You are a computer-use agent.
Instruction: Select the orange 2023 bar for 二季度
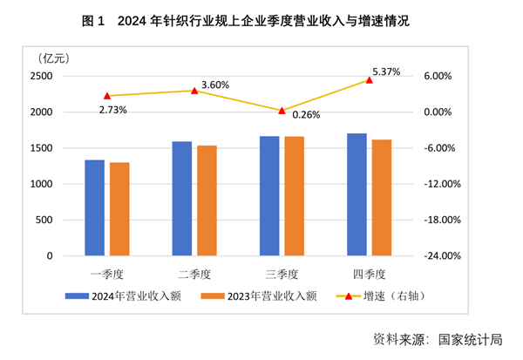[207, 200]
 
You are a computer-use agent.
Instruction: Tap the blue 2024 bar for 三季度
[269, 196]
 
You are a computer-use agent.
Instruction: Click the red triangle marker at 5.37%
[369, 79]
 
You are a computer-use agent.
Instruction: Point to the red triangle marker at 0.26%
[282, 111]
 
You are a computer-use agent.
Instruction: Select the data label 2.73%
[113, 110]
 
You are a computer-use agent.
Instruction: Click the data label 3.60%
[214, 85]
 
